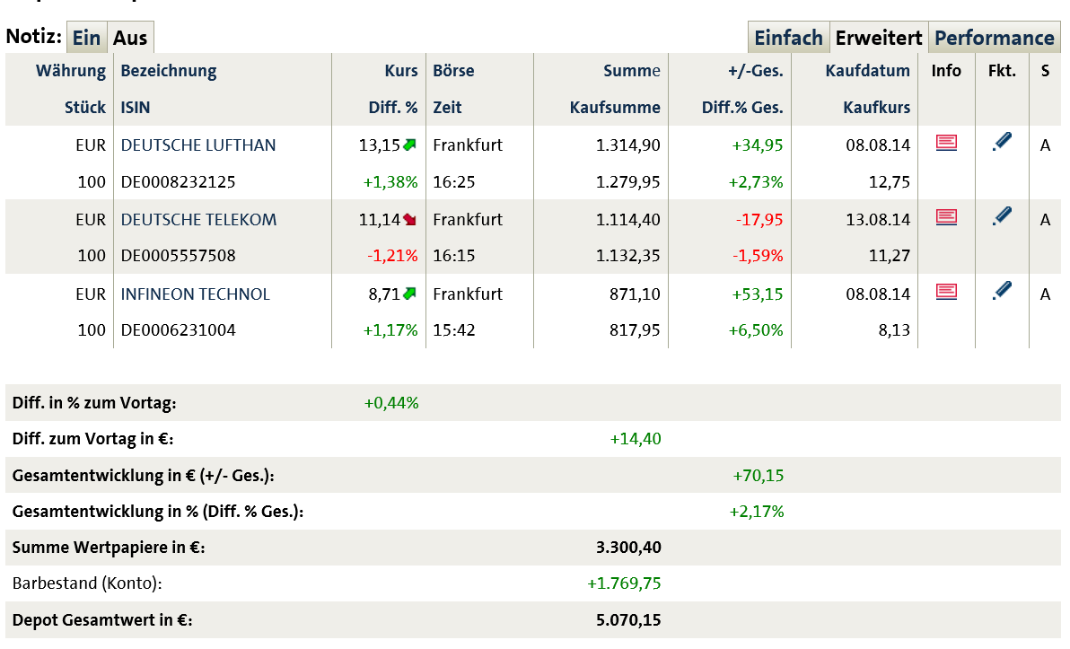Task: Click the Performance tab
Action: (x=994, y=38)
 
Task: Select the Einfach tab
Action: (x=788, y=38)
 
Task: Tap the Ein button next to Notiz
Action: (x=87, y=38)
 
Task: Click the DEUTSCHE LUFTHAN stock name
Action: (x=198, y=145)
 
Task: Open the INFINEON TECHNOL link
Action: (x=195, y=294)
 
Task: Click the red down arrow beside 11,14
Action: (x=410, y=219)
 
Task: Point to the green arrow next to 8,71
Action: (x=410, y=294)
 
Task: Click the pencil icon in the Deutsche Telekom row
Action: (x=1003, y=216)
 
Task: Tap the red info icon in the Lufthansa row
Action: (x=946, y=143)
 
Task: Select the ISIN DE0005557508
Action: (x=178, y=256)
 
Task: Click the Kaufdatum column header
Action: (x=867, y=71)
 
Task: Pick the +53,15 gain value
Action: (x=758, y=294)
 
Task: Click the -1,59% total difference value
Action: (x=758, y=256)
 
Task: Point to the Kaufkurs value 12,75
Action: (x=890, y=182)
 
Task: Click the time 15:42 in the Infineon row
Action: (x=453, y=330)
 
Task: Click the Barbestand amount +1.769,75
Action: (x=624, y=583)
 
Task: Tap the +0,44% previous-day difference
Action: (x=391, y=403)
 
